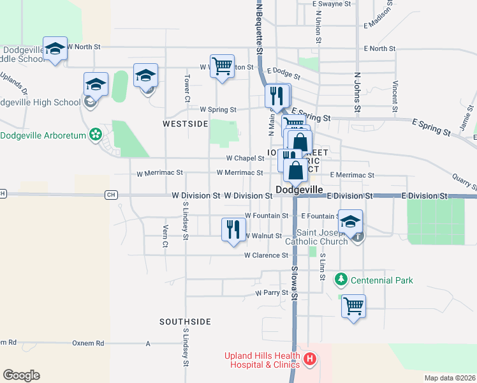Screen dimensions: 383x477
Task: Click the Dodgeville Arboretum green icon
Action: (96, 135)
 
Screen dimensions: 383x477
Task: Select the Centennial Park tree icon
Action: (341, 280)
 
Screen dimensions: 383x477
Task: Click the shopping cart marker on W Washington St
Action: (222, 65)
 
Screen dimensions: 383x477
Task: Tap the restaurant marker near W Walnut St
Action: (233, 229)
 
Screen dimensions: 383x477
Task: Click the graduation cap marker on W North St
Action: (55, 48)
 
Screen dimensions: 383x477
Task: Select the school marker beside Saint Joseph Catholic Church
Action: (350, 221)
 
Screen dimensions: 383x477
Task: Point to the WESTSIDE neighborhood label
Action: (185, 123)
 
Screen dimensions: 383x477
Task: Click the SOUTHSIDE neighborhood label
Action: (185, 322)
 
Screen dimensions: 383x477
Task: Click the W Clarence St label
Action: (267, 255)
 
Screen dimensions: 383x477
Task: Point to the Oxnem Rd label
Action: (88, 343)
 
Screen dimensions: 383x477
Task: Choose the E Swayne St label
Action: (332, 4)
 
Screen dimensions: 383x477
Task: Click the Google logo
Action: (21, 375)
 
